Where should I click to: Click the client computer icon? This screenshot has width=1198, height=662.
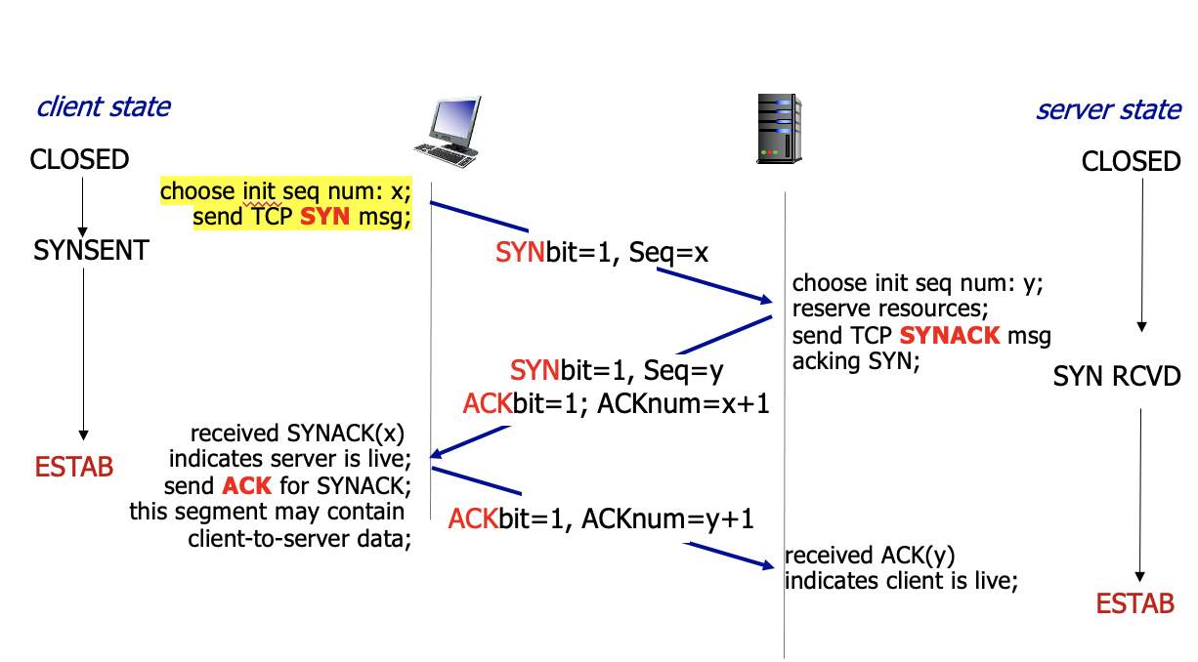coord(447,133)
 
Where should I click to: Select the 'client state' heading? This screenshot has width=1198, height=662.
coord(104,106)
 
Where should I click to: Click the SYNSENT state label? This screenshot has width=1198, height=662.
coord(91,251)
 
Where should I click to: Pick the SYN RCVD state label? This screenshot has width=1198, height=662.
coord(1117,377)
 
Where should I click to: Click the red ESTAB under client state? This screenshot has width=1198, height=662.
coord(74,467)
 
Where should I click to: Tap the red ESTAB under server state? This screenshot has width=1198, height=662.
coord(1134,604)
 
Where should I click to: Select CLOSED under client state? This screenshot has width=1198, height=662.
coord(80,159)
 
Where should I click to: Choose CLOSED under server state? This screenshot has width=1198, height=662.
coord(1131,161)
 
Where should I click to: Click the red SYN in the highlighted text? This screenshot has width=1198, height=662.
coord(324,217)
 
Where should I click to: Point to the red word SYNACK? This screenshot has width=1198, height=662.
coord(950,336)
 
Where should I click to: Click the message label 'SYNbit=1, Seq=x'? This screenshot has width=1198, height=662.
coord(601,254)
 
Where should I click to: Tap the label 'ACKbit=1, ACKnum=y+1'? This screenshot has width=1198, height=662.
coord(601,518)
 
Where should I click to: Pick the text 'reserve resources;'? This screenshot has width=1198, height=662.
coord(890,310)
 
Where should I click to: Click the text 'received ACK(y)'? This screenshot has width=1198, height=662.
coord(870,556)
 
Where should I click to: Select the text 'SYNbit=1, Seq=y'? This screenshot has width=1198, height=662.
coord(616,371)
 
